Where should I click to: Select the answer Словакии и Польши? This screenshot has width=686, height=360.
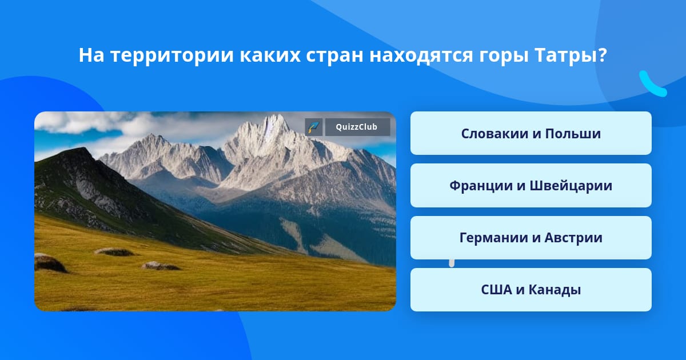531,133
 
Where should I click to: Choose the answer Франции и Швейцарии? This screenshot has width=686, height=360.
531,186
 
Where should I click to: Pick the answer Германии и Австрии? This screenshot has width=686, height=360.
531,238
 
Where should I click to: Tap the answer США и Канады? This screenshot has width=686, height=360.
531,290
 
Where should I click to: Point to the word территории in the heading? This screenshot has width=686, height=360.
172,56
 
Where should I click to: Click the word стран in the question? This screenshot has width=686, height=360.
335,56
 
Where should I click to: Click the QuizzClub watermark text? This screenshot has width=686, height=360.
357,127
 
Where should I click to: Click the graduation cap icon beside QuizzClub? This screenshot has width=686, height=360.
314,127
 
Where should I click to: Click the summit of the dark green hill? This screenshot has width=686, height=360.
82,149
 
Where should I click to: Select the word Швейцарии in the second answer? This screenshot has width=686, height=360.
571,186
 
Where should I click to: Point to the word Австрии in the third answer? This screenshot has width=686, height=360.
573,238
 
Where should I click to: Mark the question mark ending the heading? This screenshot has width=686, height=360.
601,55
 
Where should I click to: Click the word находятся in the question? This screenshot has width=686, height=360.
421,56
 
